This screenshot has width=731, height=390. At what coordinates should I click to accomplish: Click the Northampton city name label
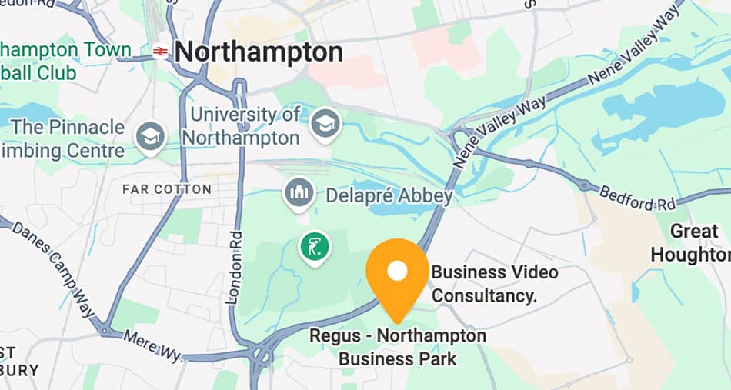[259, 52]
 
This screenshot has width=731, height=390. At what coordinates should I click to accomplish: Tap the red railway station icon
[160, 52]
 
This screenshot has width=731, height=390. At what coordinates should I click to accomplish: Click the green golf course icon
[315, 246]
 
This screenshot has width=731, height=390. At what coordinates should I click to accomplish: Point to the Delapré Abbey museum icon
[299, 192]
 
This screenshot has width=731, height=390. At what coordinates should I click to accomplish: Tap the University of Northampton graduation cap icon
[325, 123]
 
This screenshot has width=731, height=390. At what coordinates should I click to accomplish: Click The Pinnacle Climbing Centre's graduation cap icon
[150, 137]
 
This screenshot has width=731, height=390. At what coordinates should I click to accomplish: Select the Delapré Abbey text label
[389, 196]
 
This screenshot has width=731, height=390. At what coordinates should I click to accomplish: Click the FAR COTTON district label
[167, 189]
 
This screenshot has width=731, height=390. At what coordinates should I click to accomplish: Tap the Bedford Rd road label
[638, 198]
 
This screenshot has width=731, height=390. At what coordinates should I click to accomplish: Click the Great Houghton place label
[689, 242]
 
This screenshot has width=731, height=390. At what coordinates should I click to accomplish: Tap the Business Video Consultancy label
[495, 283]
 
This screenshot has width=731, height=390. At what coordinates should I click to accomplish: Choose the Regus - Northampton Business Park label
[398, 347]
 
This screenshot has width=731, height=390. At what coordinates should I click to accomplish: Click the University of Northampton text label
[245, 126]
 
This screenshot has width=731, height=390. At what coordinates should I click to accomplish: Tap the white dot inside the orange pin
[397, 270]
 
